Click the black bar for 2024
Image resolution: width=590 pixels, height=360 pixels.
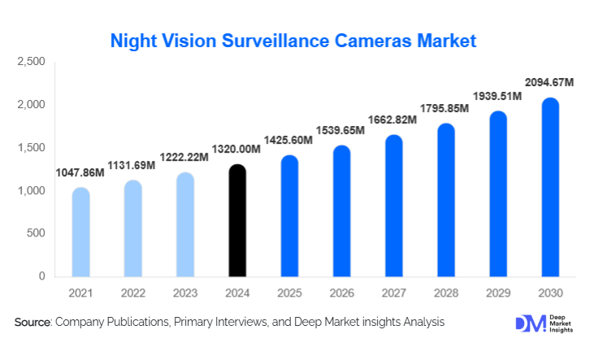click(x=236, y=221)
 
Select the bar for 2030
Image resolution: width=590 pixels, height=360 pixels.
click(x=550, y=188)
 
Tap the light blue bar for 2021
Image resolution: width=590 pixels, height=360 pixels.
click(x=80, y=232)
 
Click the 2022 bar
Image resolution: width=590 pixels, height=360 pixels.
click(x=132, y=228)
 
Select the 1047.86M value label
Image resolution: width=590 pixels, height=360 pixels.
click(x=82, y=172)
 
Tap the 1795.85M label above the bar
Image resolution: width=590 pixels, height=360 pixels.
click(x=445, y=108)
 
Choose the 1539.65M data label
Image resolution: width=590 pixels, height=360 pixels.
click(x=341, y=130)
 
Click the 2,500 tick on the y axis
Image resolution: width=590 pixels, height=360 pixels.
click(x=32, y=63)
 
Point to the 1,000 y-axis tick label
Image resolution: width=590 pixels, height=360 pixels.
click(x=32, y=191)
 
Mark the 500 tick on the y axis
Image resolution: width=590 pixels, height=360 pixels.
click(x=36, y=234)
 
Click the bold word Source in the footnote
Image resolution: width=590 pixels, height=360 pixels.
click(x=33, y=323)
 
